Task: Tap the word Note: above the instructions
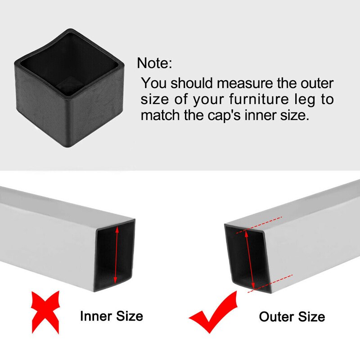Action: coord(154,63)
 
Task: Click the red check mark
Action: coord(214,313)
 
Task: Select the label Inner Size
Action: coord(111,316)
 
